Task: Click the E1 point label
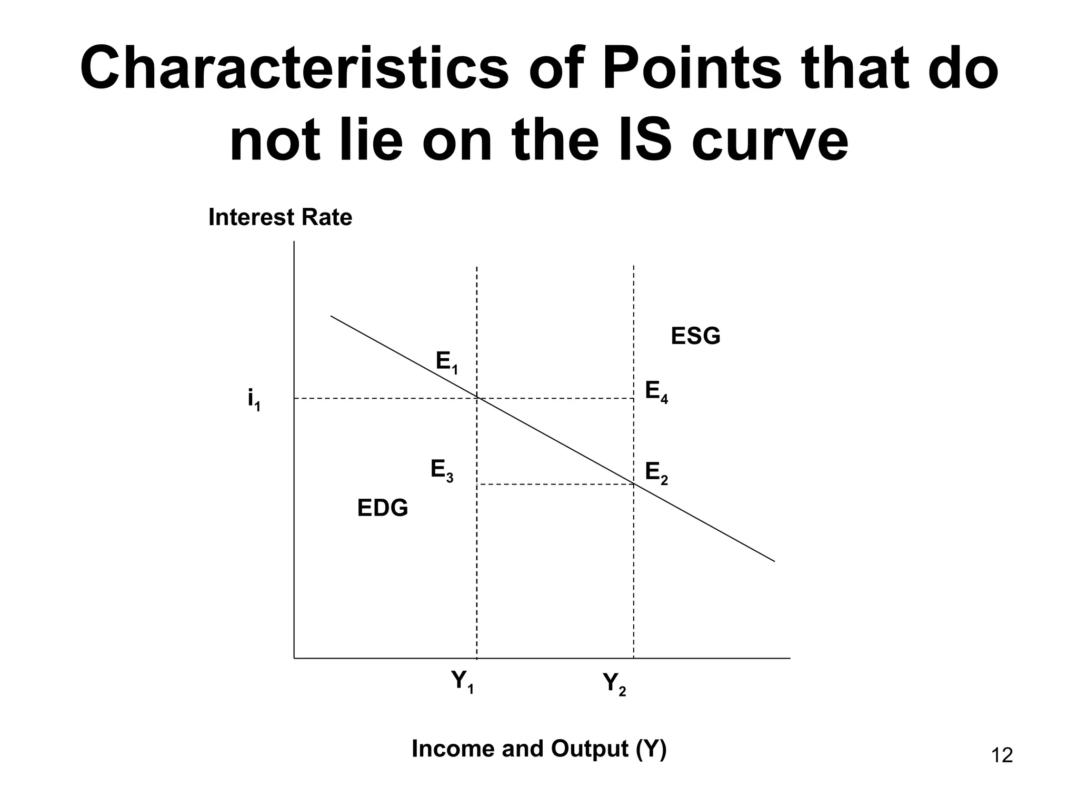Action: tap(446, 363)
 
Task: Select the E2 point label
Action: tap(656, 473)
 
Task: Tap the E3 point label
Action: tap(442, 470)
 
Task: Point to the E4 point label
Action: tap(656, 392)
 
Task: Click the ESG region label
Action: tap(695, 336)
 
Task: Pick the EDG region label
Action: tap(383, 508)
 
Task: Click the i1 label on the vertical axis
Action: tap(254, 400)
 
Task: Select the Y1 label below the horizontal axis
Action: tap(463, 682)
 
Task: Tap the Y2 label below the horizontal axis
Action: tap(614, 684)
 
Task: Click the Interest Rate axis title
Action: tap(280, 217)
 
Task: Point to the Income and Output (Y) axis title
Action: tap(539, 749)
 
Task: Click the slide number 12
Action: tap(1002, 756)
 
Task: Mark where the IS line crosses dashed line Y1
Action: tap(477, 398)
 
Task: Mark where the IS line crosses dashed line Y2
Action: tap(634, 484)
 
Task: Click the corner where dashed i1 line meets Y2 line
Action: tap(634, 398)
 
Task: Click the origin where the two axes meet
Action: tap(294, 658)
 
